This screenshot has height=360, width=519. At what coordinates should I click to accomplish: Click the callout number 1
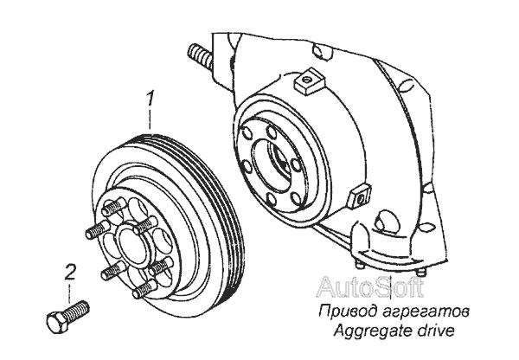(151, 98)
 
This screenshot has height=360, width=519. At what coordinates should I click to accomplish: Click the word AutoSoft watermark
(370, 287)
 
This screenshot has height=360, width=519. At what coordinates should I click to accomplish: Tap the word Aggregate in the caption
(369, 331)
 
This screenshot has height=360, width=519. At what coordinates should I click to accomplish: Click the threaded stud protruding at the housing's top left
(200, 54)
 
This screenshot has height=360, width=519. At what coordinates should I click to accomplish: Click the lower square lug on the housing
(360, 196)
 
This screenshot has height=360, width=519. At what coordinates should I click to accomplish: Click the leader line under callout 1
(151, 119)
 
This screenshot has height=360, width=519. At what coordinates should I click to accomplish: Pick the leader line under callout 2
(69, 292)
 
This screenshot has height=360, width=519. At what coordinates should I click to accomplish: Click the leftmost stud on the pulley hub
(97, 230)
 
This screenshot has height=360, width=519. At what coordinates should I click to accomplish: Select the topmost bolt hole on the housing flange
(272, 133)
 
